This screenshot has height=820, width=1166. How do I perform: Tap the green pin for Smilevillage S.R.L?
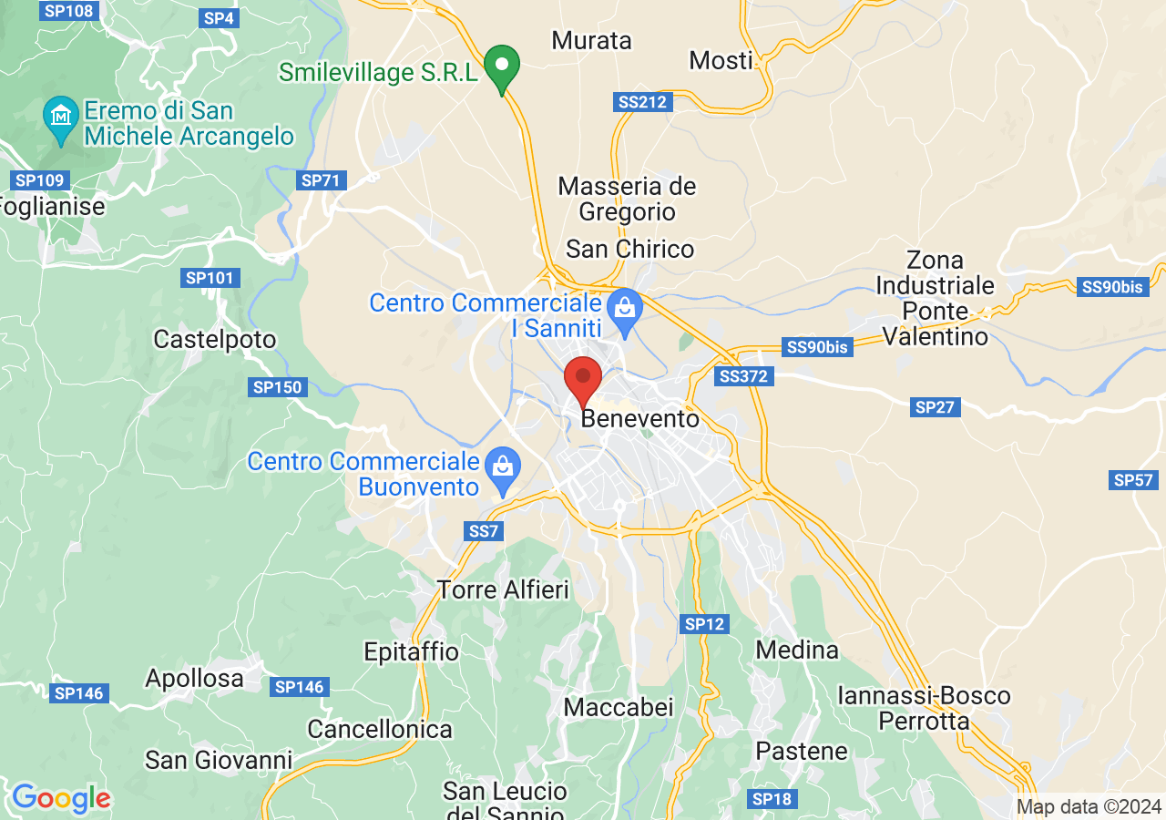point(500,67)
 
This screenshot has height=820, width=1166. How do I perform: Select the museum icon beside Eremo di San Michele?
point(61,117)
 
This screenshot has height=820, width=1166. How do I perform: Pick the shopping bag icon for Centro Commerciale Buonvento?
point(501,466)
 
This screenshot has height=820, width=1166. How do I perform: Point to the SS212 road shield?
point(642,102)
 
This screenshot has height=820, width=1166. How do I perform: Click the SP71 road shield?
point(320,180)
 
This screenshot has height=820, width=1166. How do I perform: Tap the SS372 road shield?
point(743,376)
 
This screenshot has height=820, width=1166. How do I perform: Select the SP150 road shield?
point(277,387)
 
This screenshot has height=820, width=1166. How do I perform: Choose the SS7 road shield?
point(483,530)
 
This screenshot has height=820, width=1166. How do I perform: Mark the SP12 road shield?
point(704,624)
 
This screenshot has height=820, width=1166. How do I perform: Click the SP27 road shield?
point(935,407)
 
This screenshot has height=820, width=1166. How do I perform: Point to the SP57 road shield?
point(1133,480)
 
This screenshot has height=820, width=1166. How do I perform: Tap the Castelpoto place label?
point(214,340)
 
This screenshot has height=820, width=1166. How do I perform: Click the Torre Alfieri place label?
point(503,589)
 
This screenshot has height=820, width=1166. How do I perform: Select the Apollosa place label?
point(195,679)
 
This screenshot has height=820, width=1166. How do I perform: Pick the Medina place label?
point(797,650)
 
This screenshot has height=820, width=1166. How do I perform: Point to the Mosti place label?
point(721,60)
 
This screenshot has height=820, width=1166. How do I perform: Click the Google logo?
point(61,799)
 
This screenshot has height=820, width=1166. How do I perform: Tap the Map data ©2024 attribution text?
point(1089,806)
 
